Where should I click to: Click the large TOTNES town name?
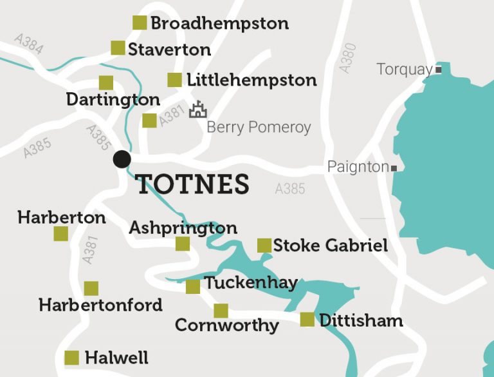193,185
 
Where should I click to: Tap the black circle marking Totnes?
122,159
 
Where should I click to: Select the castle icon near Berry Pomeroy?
197,110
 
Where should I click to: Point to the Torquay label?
405,70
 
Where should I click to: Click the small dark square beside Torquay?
439,70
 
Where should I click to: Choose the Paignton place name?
358,168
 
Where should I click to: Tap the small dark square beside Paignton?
394,168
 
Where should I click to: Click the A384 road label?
28,44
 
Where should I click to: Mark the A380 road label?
347,57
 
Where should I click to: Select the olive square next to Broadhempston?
140,23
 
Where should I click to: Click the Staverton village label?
169,50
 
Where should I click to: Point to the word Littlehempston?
252,81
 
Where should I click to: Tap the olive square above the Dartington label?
106,82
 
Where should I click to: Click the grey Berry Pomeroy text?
259,128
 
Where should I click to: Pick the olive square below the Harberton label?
60,234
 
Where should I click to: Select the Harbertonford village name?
100,305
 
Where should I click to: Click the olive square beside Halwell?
72,358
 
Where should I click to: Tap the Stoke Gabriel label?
331,246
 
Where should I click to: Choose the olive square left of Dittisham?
307,320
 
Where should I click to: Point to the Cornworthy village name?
226,325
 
